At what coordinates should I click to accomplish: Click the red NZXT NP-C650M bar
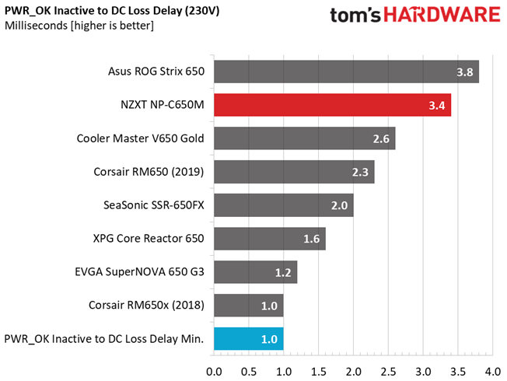click(332, 105)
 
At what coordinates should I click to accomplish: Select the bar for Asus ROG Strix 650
click(346, 72)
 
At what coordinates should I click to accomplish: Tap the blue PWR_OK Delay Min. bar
click(249, 339)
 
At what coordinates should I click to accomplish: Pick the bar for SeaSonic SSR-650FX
click(284, 205)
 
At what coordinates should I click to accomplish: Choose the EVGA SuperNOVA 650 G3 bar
click(255, 272)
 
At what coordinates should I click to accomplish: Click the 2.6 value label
click(381, 138)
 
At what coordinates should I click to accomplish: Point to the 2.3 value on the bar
click(360, 172)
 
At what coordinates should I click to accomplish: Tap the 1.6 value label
click(311, 239)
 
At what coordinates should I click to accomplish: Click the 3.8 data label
click(465, 72)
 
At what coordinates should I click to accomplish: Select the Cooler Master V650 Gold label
click(140, 138)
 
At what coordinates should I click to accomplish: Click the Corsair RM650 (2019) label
click(149, 172)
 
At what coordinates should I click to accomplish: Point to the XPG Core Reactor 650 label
click(149, 239)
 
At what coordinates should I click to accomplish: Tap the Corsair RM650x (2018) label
click(146, 305)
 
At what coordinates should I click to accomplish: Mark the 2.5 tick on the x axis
click(388, 372)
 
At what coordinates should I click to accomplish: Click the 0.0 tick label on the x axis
click(214, 372)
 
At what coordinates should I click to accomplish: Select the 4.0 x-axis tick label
click(493, 372)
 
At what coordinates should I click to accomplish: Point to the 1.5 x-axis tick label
click(319, 372)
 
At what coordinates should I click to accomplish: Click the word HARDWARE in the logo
click(442, 15)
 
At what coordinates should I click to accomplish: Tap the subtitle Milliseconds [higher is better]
click(79, 26)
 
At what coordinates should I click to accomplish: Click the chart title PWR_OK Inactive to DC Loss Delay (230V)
click(112, 11)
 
